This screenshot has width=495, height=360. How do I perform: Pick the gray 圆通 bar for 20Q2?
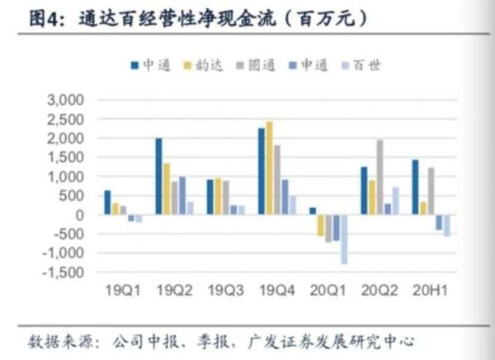[x=379, y=177]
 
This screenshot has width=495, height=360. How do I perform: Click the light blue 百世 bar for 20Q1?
[x=343, y=239]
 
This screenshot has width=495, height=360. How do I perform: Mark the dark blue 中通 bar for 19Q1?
[x=107, y=202]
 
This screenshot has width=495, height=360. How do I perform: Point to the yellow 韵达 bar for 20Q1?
[x=321, y=225]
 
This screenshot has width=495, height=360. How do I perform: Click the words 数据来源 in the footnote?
[x=54, y=340]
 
